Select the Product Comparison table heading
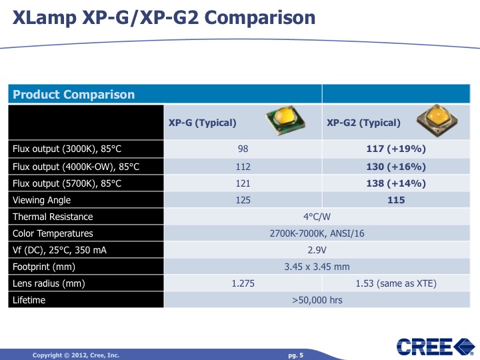click(73, 95)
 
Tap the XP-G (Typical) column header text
click(203, 123)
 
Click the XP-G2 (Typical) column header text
click(363, 123)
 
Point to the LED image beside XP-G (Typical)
click(285, 121)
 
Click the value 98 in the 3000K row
click(243, 149)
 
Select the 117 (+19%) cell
click(396, 149)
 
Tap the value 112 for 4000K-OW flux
click(243, 166)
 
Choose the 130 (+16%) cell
click(396, 166)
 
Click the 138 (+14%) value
click(396, 183)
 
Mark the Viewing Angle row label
click(41, 200)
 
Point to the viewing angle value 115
click(396, 200)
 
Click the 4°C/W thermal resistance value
click(318, 217)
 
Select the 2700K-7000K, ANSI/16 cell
click(318, 233)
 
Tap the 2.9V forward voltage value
click(318, 250)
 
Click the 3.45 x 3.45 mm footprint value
click(318, 267)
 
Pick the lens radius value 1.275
click(243, 283)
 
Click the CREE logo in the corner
click(433, 347)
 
